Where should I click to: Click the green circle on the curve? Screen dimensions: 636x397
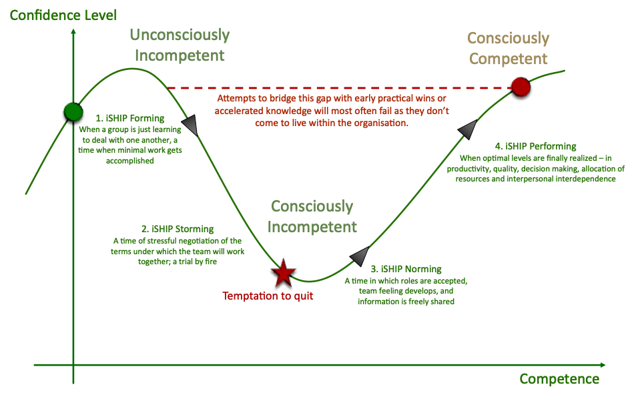coord(72,111)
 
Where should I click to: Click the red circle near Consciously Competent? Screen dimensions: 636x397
coord(521,87)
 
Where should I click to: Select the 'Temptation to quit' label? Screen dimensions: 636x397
coord(268,296)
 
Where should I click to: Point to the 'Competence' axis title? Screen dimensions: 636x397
coord(559,379)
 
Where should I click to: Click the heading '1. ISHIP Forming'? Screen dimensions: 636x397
coord(129,119)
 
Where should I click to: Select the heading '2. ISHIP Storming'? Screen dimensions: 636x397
coord(177,229)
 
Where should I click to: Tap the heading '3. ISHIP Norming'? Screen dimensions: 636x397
coord(406,269)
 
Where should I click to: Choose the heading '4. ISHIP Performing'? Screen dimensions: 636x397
coord(536,146)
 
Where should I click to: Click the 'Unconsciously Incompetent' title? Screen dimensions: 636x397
coord(179,45)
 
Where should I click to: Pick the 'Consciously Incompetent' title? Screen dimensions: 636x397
coord(312,216)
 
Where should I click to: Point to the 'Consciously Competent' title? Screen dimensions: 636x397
coord(509,48)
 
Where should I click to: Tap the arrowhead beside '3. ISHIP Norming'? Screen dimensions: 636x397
coord(360,256)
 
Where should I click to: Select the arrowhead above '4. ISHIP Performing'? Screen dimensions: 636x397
coord(469,129)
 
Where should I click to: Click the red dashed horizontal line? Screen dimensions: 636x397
coord(334,87)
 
